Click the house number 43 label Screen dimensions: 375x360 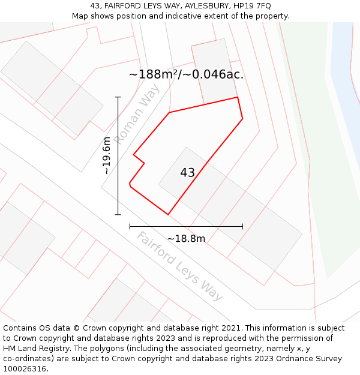click(187, 173)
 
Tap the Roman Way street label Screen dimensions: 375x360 click(137, 114)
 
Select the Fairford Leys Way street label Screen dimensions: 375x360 click(179, 266)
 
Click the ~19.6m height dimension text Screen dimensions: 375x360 click(107, 155)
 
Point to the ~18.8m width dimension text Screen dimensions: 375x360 click(186, 239)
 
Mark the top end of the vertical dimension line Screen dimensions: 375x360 click(118, 97)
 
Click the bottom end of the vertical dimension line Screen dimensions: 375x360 click(118, 214)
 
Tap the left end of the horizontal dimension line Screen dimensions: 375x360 click(130, 226)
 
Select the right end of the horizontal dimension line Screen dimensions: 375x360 click(242, 226)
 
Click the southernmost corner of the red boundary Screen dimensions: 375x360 click(168, 214)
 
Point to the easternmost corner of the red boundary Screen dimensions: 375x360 click(242, 119)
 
